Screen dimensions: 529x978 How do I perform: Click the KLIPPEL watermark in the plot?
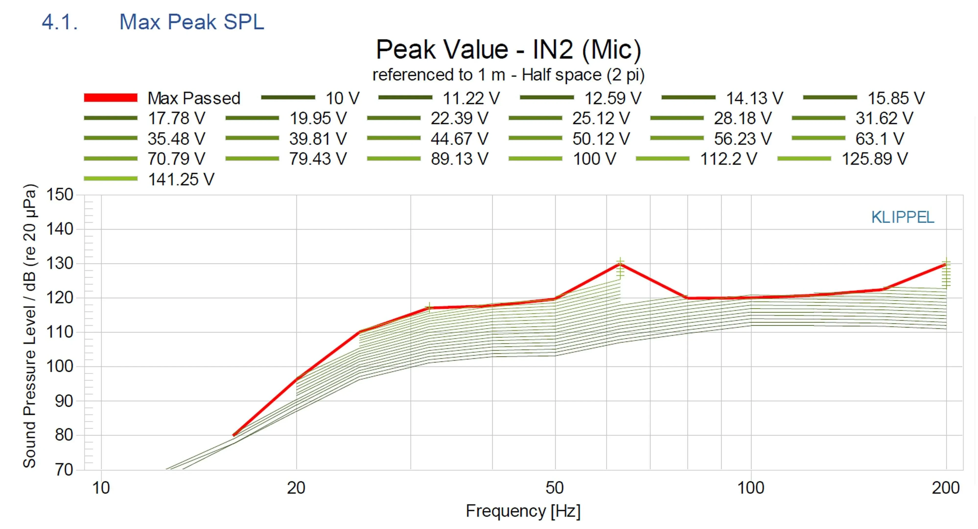[x=902, y=217]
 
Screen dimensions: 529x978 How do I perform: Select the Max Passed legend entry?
[x=194, y=98]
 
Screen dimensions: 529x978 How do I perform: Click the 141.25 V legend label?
[x=181, y=179]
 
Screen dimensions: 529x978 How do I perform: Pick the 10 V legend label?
[x=342, y=98]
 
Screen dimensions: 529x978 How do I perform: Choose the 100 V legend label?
[x=594, y=159]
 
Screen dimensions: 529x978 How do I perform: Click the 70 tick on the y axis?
[x=64, y=470]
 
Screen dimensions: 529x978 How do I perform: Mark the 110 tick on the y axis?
[x=60, y=332]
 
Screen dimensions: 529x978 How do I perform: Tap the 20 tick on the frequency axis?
[x=296, y=488]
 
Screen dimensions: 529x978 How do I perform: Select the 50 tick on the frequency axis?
[x=555, y=488]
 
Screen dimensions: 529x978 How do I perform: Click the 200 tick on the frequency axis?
[x=946, y=488]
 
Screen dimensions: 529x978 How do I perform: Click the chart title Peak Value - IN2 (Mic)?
[x=508, y=49]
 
